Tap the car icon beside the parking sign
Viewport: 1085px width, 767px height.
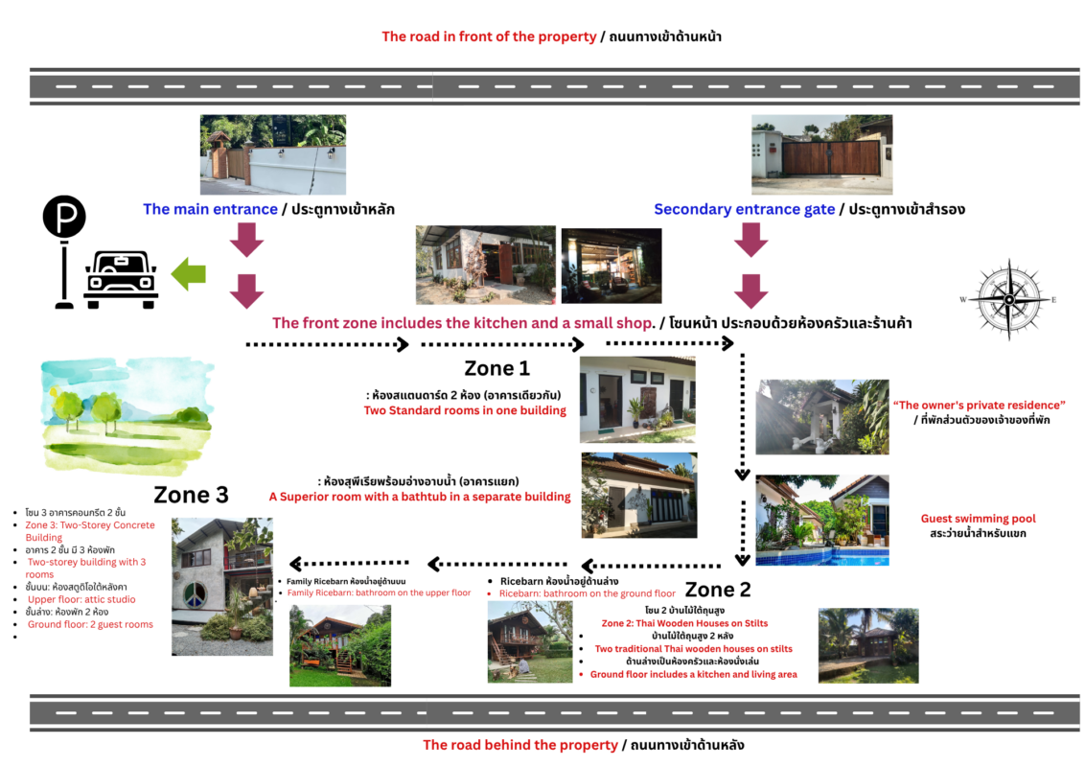pos(121,279)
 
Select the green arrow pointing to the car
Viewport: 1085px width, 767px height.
pos(189,275)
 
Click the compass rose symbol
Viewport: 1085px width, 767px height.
pos(1008,300)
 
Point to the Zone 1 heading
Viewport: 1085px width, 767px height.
pos(496,368)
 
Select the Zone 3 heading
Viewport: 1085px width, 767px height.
pos(191,495)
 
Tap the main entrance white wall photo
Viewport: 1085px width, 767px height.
pos(273,155)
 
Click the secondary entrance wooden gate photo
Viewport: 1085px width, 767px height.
pos(821,155)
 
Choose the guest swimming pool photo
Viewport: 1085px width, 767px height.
pos(821,520)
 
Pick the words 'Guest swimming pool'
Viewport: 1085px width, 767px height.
pos(978,519)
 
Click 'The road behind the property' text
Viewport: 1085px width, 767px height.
pos(520,745)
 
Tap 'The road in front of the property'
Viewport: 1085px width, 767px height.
pos(489,36)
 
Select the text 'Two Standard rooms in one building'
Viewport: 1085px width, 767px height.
pos(465,410)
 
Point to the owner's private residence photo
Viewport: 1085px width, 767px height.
pos(821,417)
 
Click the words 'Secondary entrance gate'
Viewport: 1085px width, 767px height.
pos(744,209)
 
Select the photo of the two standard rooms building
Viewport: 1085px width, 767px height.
pos(637,400)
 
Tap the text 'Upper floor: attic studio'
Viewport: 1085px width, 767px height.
pos(81,599)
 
